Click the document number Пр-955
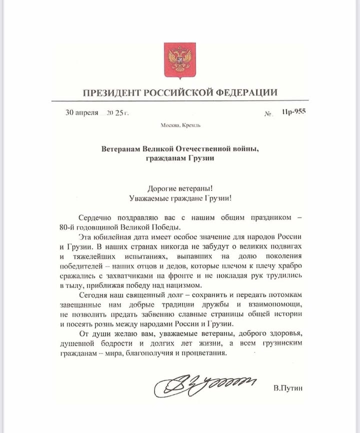click(x=292, y=111)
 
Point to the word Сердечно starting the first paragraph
click(x=96, y=218)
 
